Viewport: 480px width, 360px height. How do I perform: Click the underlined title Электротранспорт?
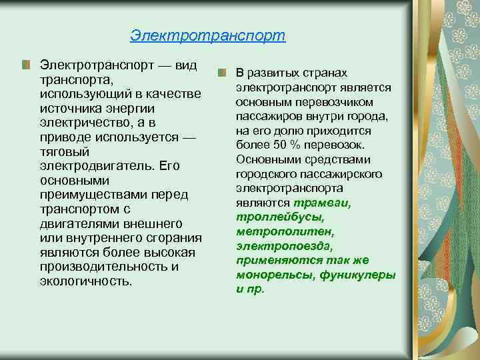(x=207, y=35)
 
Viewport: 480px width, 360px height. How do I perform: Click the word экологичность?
(x=86, y=281)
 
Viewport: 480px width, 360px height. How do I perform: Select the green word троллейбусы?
(x=271, y=217)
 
